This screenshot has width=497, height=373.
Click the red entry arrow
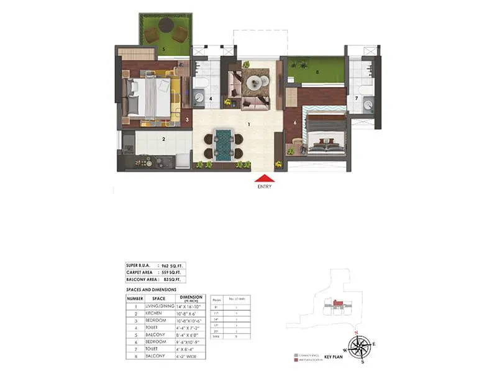pyautogui.click(x=264, y=178)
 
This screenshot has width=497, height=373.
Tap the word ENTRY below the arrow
pyautogui.click(x=264, y=186)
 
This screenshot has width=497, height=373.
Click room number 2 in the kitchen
pyautogui.click(x=163, y=139)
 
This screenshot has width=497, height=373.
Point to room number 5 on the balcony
pyautogui.click(x=164, y=48)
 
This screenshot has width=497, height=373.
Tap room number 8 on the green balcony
pyautogui.click(x=317, y=71)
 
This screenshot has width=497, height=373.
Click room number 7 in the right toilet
pyautogui.click(x=357, y=98)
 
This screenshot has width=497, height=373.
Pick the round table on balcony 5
pyautogui.click(x=166, y=25)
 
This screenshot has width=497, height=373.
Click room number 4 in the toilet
pyautogui.click(x=211, y=98)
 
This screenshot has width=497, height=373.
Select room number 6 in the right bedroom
pyautogui.click(x=295, y=122)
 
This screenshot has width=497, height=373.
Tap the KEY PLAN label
pyautogui.click(x=334, y=359)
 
